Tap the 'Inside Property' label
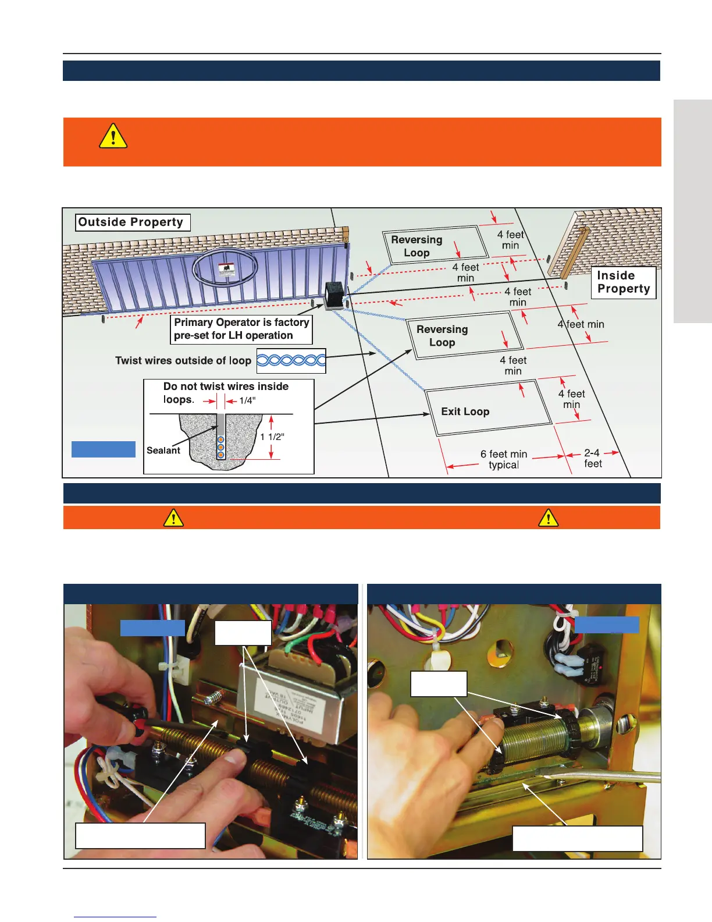[x=623, y=282]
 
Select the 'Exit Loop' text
[x=465, y=412]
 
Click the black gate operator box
[x=334, y=294]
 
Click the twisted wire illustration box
[x=291, y=360]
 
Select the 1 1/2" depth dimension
[x=272, y=437]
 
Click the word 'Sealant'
[x=163, y=450]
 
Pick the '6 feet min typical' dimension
[x=504, y=459]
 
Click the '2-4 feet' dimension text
[x=593, y=458]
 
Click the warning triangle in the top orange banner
[x=113, y=136]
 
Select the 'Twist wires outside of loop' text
[x=183, y=360]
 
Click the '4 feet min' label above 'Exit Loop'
[x=512, y=366]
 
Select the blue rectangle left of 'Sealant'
[x=104, y=449]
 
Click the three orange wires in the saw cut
[x=221, y=446]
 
